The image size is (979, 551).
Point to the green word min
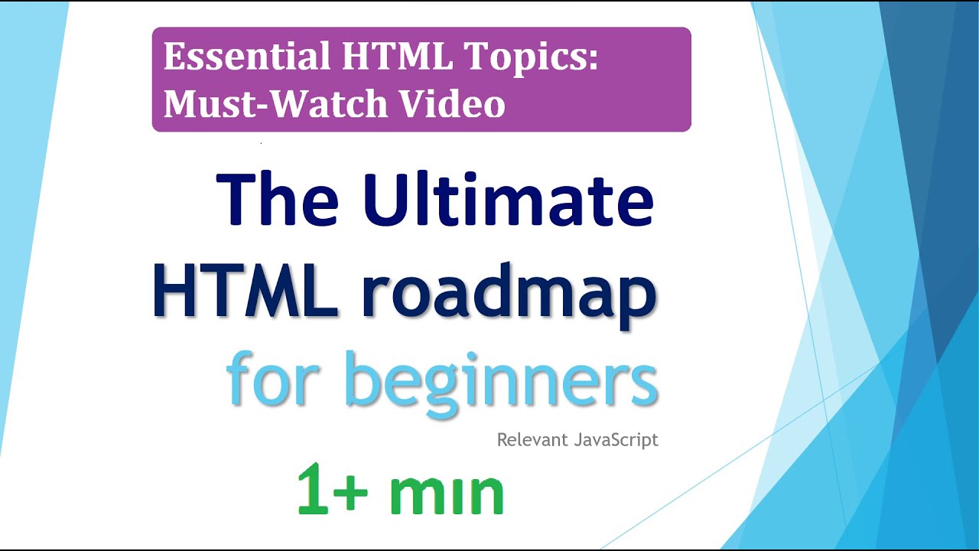click(x=447, y=494)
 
